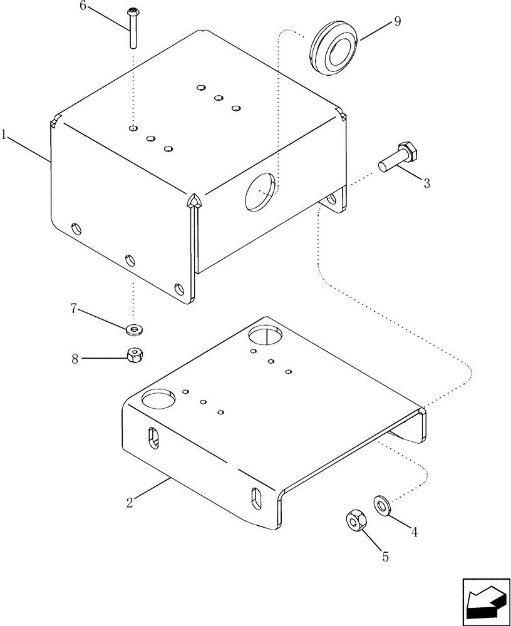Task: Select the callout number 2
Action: click(x=129, y=501)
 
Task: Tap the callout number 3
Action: click(x=426, y=183)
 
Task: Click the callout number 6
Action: click(x=82, y=6)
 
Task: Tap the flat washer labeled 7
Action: click(x=133, y=329)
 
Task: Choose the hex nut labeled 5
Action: click(x=354, y=520)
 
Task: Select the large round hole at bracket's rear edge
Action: click(x=267, y=336)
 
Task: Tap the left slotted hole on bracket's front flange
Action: click(x=154, y=438)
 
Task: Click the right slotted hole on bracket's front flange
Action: click(x=257, y=498)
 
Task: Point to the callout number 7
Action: click(x=74, y=308)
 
